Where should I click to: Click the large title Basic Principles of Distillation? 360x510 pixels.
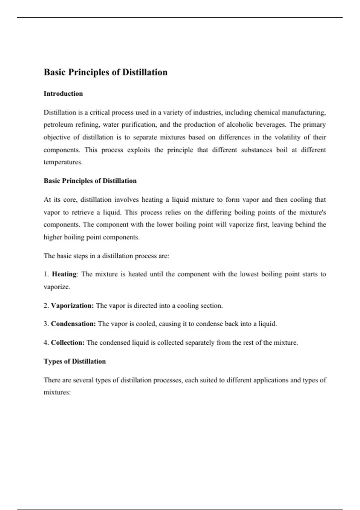[x=106, y=72]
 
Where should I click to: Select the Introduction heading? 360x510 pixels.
[x=63, y=94]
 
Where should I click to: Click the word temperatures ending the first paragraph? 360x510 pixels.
[x=63, y=162]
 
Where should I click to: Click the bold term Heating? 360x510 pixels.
[x=64, y=274]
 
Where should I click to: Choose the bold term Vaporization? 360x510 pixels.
[x=72, y=306]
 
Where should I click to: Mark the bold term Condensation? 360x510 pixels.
[x=73, y=324]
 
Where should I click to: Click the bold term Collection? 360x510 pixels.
[x=67, y=343]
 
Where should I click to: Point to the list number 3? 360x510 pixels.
[x=46, y=324]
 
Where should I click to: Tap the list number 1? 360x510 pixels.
[x=46, y=274]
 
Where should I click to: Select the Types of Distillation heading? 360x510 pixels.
[x=75, y=361]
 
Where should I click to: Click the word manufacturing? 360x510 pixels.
[x=303, y=112]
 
